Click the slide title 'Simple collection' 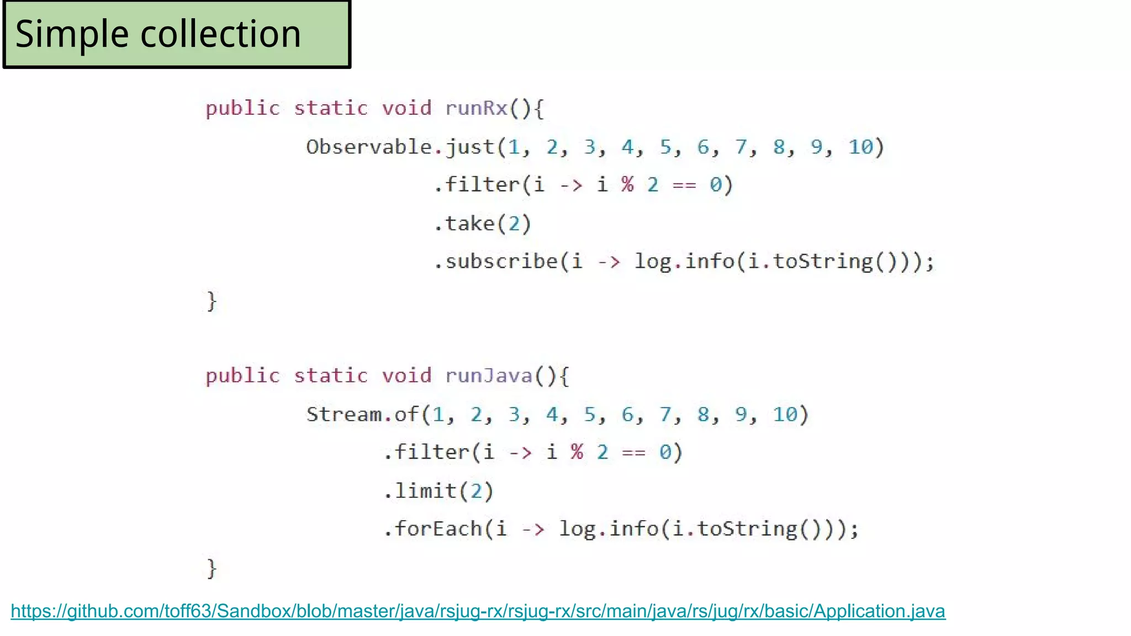pyautogui.click(x=158, y=34)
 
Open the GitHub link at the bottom pyautogui.click(x=478, y=611)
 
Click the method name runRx pyautogui.click(x=476, y=108)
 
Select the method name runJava pyautogui.click(x=489, y=375)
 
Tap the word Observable pyautogui.click(x=369, y=147)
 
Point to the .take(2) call pyautogui.click(x=483, y=224)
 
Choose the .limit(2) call pyautogui.click(x=438, y=490)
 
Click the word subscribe pyautogui.click(x=501, y=261)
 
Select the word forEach pyautogui.click(x=438, y=529)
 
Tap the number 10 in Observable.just pyautogui.click(x=860, y=147)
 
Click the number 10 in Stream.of pyautogui.click(x=785, y=414)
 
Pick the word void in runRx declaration pyautogui.click(x=406, y=108)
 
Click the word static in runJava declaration pyautogui.click(x=330, y=375)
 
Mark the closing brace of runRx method pyautogui.click(x=212, y=301)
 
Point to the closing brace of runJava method pyautogui.click(x=212, y=569)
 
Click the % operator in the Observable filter pyautogui.click(x=627, y=184)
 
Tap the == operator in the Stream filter pyautogui.click(x=633, y=453)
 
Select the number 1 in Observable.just pyautogui.click(x=514, y=147)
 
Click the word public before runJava pyautogui.click(x=243, y=375)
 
